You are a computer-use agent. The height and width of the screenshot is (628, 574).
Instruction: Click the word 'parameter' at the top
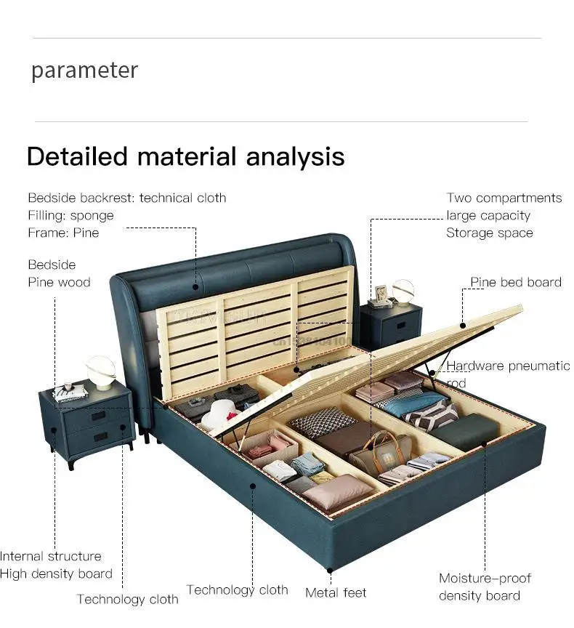click(84, 71)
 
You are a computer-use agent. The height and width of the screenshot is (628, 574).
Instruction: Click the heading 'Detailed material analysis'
click(185, 156)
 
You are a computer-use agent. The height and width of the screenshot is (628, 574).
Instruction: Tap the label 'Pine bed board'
click(515, 282)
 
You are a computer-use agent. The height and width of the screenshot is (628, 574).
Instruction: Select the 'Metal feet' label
click(336, 593)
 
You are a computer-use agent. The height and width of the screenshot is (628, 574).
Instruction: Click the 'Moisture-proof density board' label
click(485, 587)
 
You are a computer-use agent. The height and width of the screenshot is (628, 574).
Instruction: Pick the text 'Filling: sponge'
click(71, 215)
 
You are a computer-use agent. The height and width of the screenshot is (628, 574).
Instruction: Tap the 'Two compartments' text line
click(504, 198)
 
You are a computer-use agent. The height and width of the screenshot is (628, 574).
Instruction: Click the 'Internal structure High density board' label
click(55, 565)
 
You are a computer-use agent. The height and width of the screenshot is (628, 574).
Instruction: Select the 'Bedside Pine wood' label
click(59, 273)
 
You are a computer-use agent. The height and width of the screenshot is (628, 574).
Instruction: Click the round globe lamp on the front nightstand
click(101, 371)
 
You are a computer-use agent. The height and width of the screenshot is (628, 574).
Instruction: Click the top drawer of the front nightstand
click(94, 417)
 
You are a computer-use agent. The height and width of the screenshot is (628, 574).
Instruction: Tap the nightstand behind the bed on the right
click(391, 325)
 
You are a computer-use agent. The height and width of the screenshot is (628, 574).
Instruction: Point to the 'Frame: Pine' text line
click(64, 233)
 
